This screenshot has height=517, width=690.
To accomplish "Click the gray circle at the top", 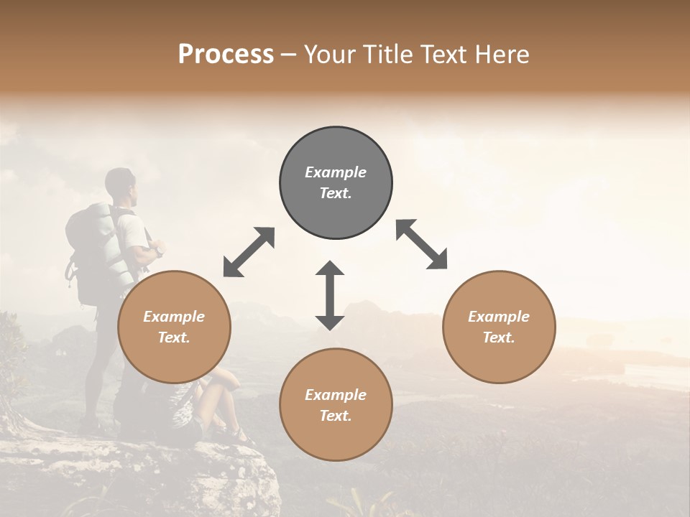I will click(336, 183).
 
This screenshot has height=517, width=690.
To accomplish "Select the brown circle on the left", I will click(174, 327).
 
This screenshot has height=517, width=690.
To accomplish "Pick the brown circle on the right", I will click(499, 327).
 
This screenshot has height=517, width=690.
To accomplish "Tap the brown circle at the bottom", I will click(336, 405).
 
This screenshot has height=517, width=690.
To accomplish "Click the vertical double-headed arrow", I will click(330, 295).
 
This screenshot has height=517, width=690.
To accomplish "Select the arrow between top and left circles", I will click(249, 252).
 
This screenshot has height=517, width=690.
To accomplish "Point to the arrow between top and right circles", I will click(421, 244).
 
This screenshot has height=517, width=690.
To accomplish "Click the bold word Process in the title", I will click(226, 54).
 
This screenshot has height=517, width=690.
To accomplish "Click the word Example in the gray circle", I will click(336, 172).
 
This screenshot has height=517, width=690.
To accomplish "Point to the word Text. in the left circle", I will click(174, 337).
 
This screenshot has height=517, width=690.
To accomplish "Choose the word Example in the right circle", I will click(499, 317).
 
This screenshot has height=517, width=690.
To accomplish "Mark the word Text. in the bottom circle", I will click(336, 416).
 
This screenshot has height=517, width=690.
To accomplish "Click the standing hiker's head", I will click(120, 183).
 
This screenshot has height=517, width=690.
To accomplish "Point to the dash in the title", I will click(289, 54).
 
